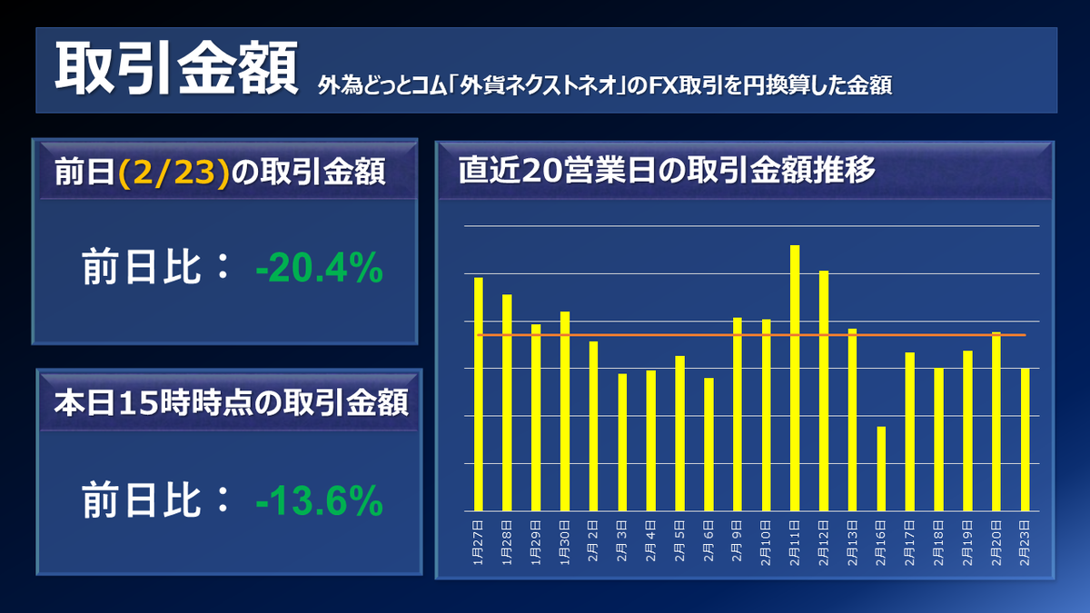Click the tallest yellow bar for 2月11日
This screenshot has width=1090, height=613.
pos(795,378)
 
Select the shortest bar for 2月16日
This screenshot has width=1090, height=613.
pos(881,469)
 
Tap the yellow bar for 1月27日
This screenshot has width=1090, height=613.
pos(479,394)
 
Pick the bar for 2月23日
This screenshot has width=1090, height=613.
pos(1025,440)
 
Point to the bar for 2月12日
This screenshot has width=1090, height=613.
pos(823,391)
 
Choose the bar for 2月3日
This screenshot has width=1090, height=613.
pos(622,442)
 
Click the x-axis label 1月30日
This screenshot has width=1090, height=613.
pos(564,543)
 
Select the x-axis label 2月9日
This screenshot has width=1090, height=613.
pos(738,541)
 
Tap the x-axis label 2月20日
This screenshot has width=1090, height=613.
pos(996,543)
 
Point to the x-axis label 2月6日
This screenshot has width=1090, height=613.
pos(708,541)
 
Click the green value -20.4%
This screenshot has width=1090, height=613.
pos(319,267)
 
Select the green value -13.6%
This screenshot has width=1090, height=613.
pos(319,500)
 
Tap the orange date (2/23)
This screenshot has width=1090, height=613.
pos(173,173)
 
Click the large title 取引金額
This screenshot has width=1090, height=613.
pos(176,68)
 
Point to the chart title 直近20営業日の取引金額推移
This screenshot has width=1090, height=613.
pos(667,170)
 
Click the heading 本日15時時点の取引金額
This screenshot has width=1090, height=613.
pos(231,403)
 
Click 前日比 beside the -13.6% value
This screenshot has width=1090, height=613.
pos(141,500)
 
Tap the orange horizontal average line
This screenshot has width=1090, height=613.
pos(751,335)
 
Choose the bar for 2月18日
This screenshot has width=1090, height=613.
pos(938,440)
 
